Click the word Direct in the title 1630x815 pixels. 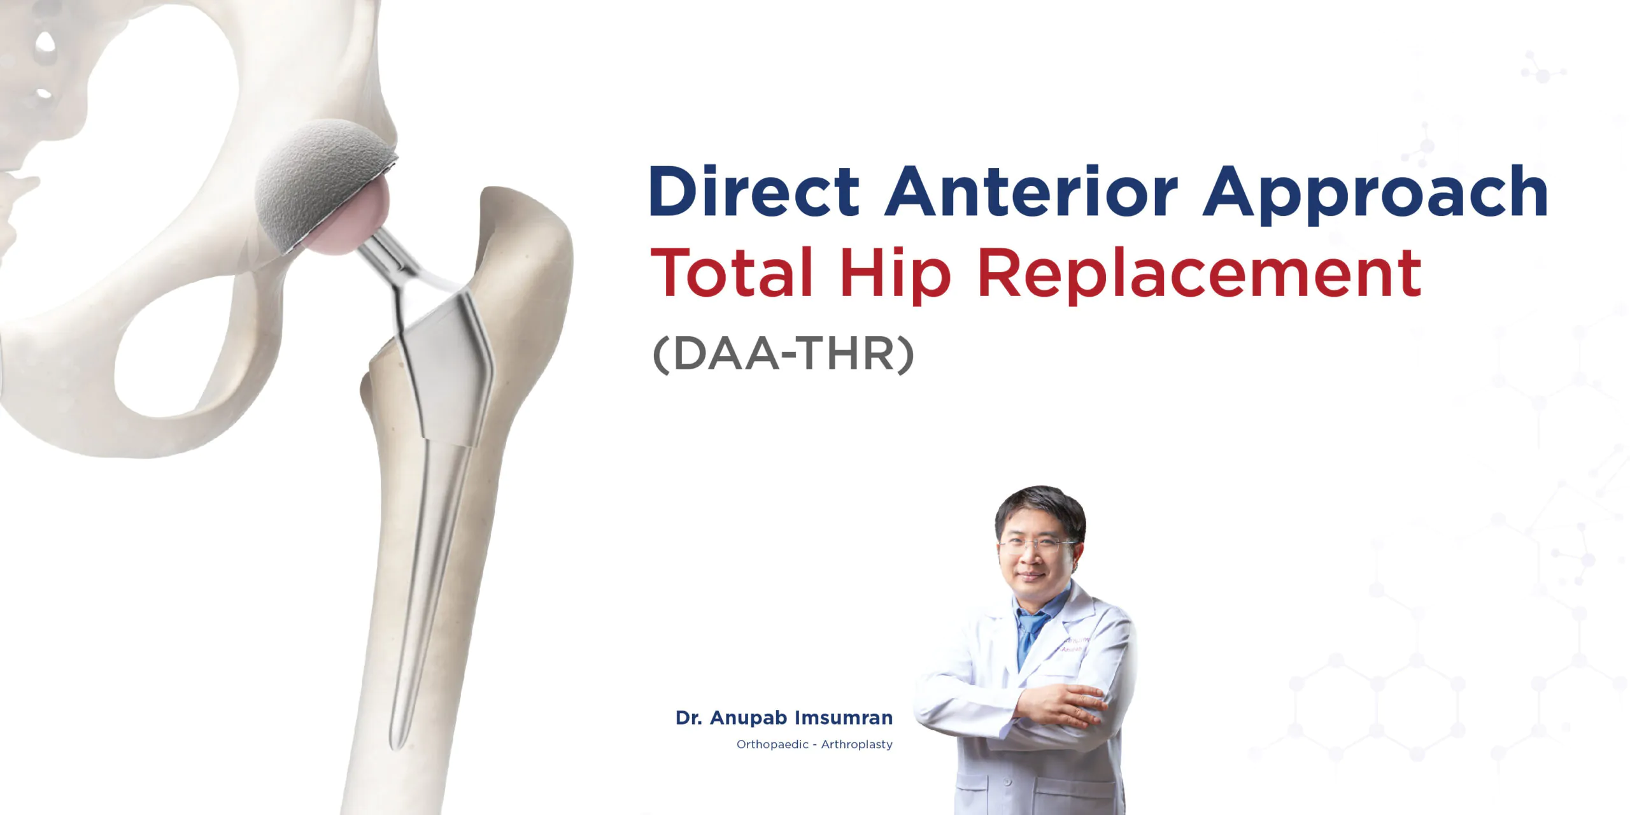point(754,191)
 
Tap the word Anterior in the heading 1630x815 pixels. point(1031,191)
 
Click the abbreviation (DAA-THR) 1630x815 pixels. point(783,354)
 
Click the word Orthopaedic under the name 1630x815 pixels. point(772,744)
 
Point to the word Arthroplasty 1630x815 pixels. point(856,744)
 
